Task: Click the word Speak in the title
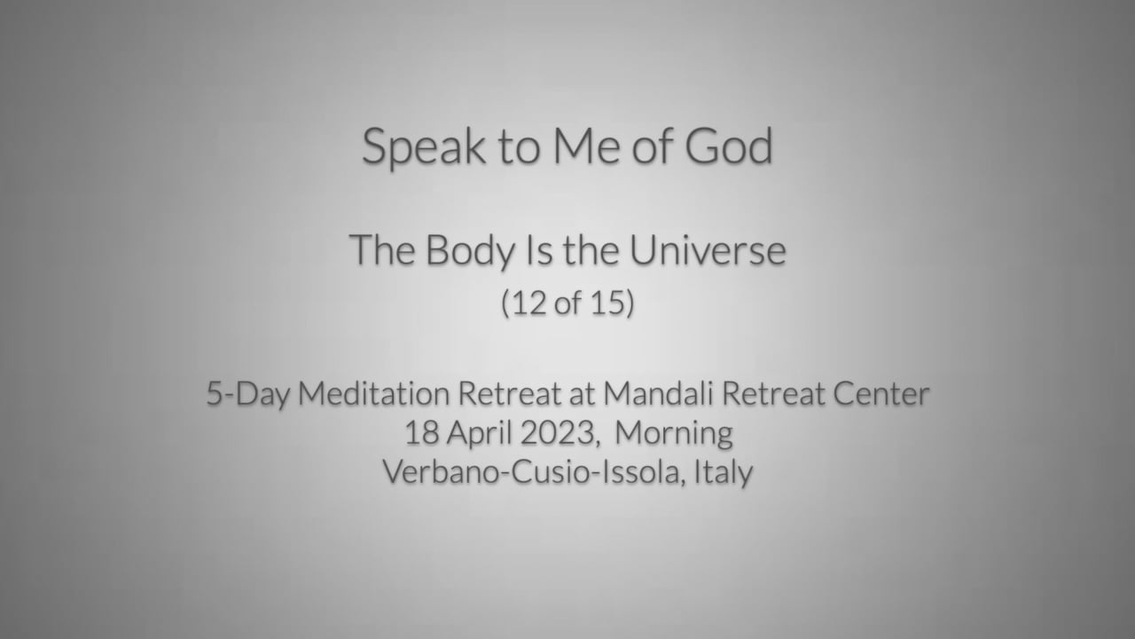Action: (x=424, y=147)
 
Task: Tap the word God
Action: (x=729, y=146)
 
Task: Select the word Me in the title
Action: (x=586, y=146)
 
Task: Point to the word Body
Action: (x=470, y=251)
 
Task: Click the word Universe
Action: (x=708, y=250)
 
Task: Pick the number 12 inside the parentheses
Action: (x=529, y=303)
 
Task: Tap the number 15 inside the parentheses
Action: (x=607, y=303)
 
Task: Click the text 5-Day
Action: (x=247, y=394)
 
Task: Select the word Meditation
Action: (x=374, y=393)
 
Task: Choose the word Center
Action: (x=881, y=394)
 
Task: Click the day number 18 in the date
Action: (x=421, y=433)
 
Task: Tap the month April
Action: (x=480, y=434)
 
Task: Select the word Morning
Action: (x=674, y=434)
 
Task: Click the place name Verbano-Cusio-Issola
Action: (x=530, y=472)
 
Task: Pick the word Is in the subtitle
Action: (x=539, y=250)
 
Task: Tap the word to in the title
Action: (x=520, y=148)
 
